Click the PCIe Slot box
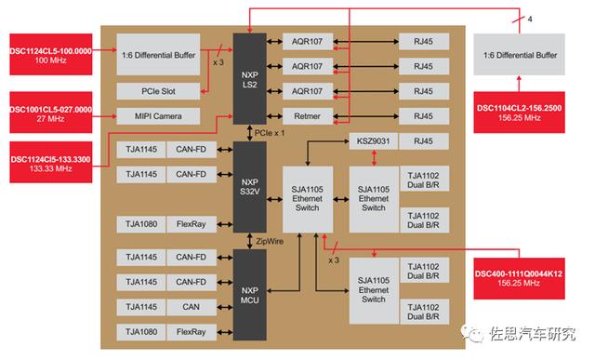[x=158, y=91]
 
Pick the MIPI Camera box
[x=158, y=115]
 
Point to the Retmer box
[x=307, y=115]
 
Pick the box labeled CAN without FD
[x=190, y=307]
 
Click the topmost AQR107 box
[x=307, y=43]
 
